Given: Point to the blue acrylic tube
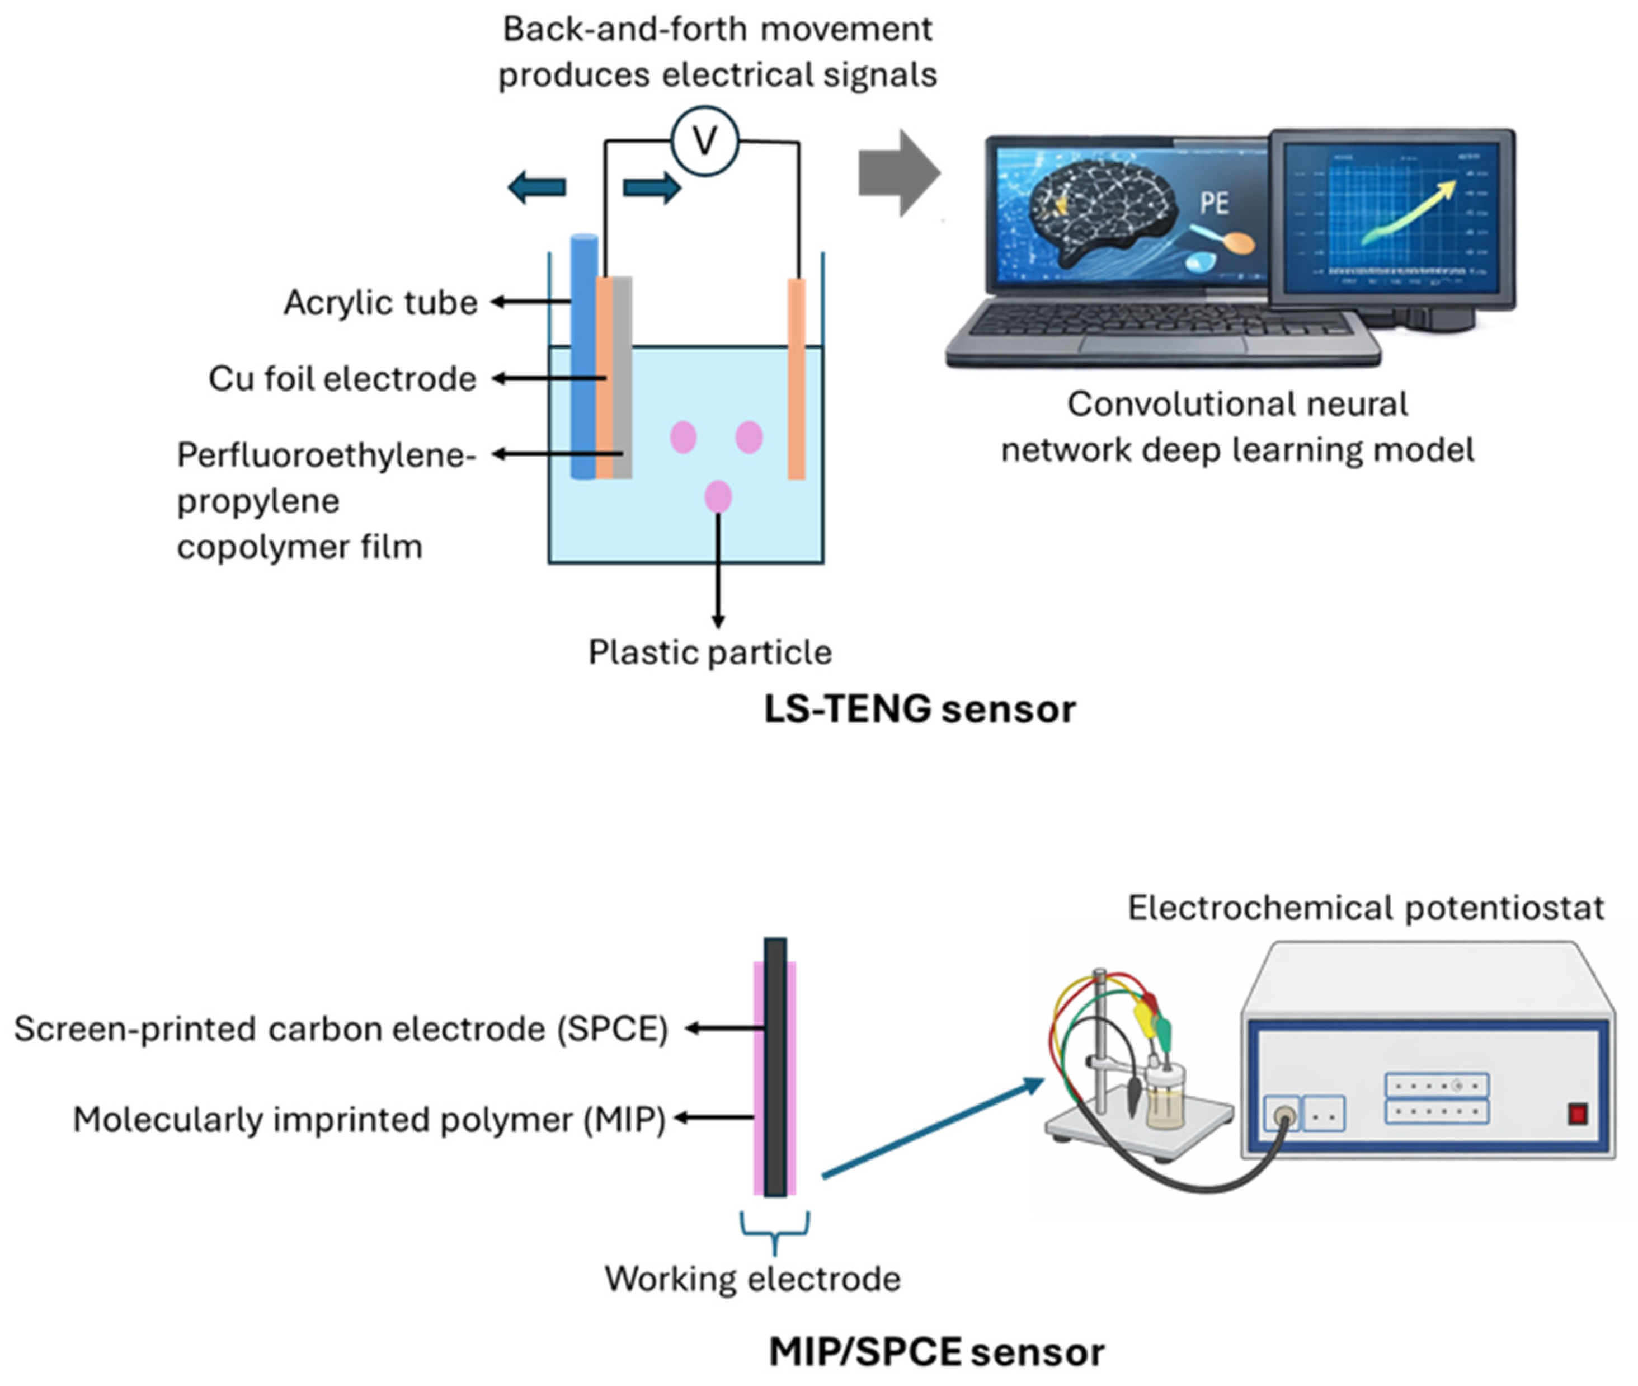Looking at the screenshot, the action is [583, 357].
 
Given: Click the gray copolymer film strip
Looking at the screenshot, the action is [622, 377].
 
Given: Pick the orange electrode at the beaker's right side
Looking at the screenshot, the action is [797, 379].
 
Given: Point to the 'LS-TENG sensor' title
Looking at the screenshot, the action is [920, 709].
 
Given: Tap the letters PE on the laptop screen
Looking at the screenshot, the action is [1214, 204].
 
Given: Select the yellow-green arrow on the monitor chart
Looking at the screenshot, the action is [1409, 212].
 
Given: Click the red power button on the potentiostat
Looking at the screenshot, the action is [1578, 1114].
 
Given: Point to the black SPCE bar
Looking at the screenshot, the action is [775, 1067].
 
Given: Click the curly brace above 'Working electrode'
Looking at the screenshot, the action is [775, 1232].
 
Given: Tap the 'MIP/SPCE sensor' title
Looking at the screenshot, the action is [936, 1351].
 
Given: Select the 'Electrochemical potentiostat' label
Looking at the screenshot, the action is [1366, 908].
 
